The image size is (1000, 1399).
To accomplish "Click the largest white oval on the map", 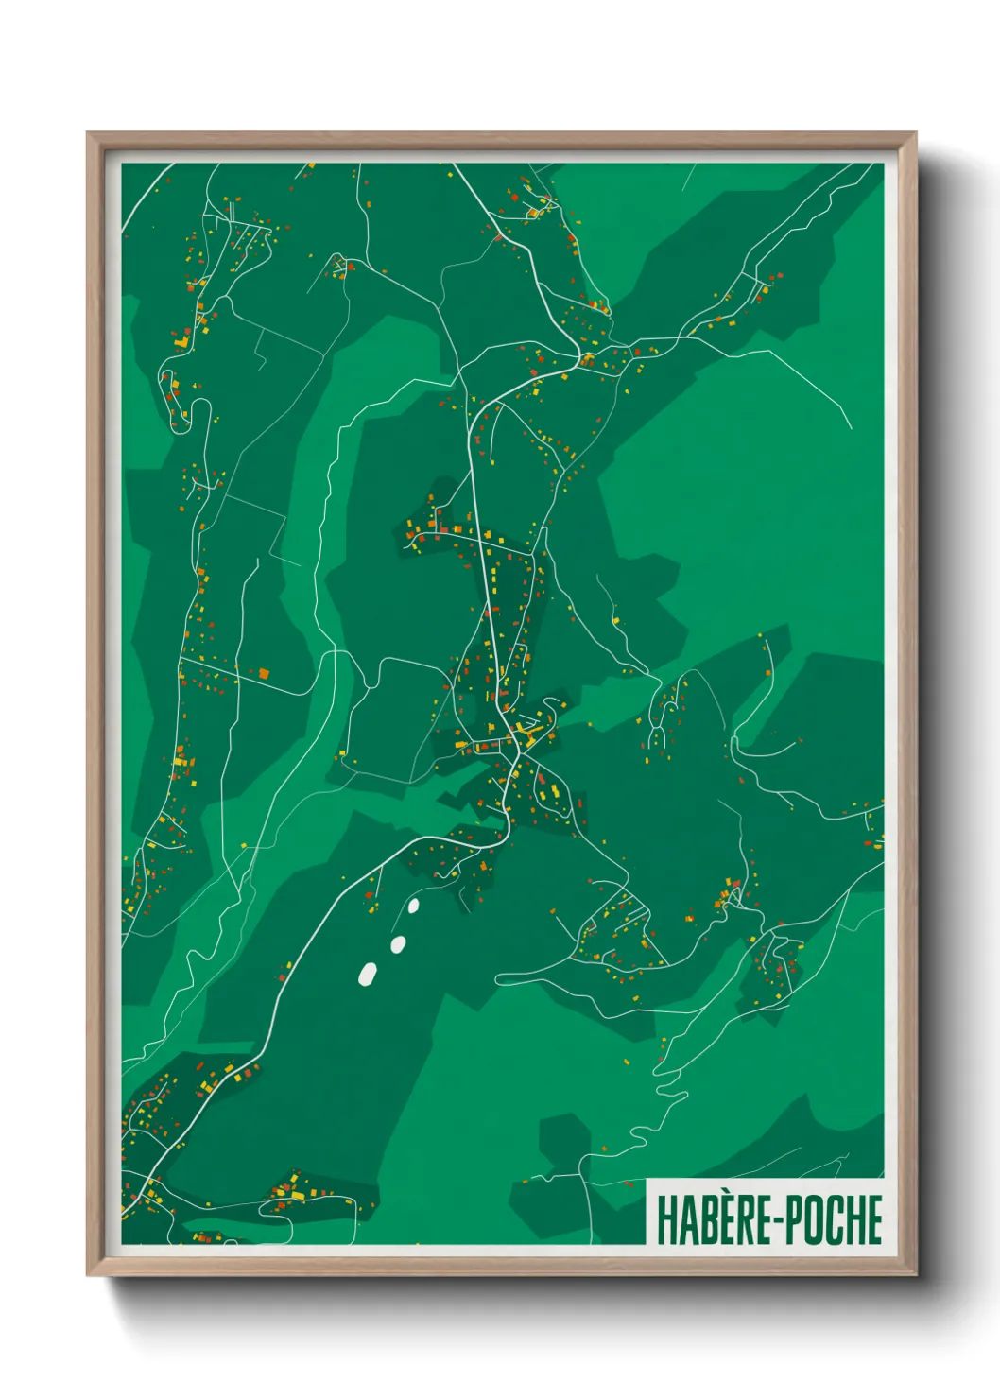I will (x=368, y=974).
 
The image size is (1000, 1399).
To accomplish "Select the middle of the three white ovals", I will (x=398, y=943).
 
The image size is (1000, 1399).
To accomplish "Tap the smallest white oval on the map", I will (x=413, y=907).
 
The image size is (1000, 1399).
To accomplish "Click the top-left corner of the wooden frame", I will (x=89, y=134).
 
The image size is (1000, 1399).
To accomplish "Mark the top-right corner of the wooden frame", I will (x=914, y=134).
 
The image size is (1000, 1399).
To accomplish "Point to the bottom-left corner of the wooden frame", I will (x=89, y=1273).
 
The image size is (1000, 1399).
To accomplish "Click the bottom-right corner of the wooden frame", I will (x=914, y=1273).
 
